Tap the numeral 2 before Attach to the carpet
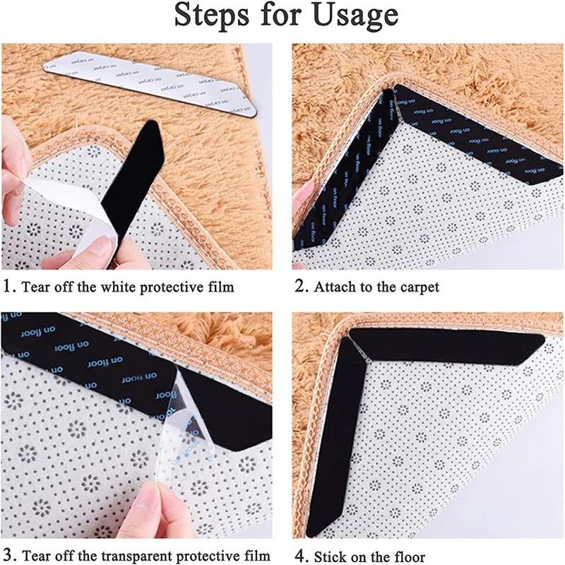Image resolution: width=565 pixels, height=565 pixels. (299, 287)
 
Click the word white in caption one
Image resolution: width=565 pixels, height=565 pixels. (98, 287)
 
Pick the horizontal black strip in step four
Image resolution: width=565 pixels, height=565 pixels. (452, 346)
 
